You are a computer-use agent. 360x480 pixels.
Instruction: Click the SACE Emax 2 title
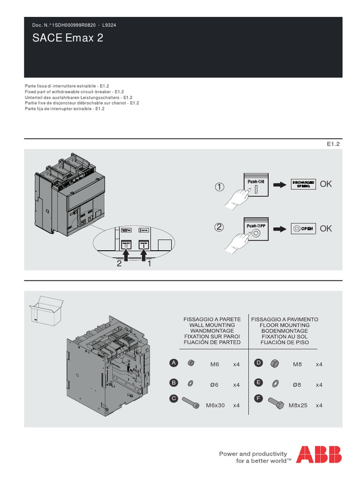(x=67, y=39)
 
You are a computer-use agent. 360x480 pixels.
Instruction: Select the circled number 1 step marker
(x=219, y=187)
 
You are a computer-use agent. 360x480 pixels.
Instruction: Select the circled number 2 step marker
(x=219, y=228)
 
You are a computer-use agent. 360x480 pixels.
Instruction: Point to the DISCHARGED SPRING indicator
(x=303, y=184)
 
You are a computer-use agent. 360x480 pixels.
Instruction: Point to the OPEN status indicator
(x=303, y=228)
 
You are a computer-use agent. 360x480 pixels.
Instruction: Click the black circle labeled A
(x=173, y=363)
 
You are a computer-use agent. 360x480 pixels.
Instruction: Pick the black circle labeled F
(x=257, y=399)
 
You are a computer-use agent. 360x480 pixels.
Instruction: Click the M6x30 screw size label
(x=216, y=405)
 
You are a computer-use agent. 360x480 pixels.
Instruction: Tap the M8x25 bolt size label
(x=298, y=405)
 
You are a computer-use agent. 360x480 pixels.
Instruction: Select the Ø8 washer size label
(x=297, y=384)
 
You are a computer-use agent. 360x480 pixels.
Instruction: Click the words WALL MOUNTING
(x=212, y=325)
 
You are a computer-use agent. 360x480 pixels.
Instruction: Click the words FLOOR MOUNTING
(x=285, y=325)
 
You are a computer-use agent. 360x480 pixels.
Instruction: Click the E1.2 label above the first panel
(x=332, y=145)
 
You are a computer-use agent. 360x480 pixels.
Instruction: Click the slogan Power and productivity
(x=253, y=454)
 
